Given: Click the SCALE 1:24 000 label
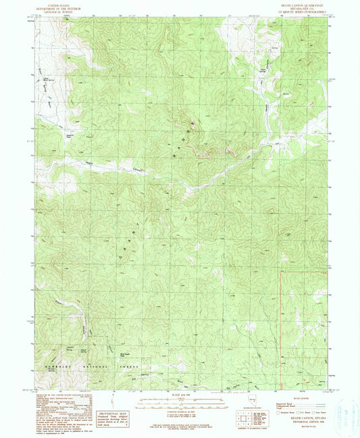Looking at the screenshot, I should click(x=180, y=395).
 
